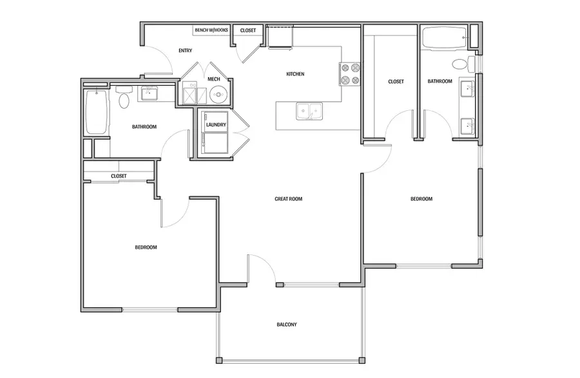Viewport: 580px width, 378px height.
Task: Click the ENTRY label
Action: pos(185,51)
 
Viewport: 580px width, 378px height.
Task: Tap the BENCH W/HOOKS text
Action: pos(211,30)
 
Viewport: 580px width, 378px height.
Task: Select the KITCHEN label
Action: pos(295,74)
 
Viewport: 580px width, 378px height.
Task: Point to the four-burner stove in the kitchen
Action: pos(349,73)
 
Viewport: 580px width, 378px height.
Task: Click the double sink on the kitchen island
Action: pos(309,111)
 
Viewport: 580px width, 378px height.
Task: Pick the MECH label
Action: pos(213,79)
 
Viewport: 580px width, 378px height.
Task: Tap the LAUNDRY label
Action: pos(215,125)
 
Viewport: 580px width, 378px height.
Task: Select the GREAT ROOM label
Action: pos(288,199)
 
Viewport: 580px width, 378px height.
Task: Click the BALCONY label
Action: pos(287,325)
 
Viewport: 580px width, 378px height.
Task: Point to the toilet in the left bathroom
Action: pos(124,99)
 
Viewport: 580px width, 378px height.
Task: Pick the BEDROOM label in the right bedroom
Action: pos(421,199)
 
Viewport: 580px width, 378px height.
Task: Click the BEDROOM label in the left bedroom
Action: pos(146,247)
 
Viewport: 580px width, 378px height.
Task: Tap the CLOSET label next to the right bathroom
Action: pos(396,82)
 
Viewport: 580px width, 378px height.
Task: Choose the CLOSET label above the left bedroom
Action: pos(119,176)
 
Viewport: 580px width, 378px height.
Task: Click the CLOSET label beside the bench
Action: pos(247,30)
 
